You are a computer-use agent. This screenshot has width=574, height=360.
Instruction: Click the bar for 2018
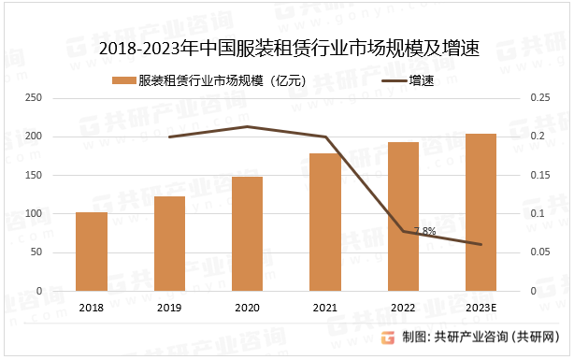pos(92,252)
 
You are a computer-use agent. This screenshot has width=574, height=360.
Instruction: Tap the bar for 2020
pos(247,234)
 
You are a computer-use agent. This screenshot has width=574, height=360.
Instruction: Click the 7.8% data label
pos(424,229)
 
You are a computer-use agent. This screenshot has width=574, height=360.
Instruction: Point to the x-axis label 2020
pos(247,308)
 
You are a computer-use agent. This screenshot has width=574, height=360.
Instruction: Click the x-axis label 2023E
pos(481,308)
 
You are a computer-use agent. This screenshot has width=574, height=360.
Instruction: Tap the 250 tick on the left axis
pos(33,98)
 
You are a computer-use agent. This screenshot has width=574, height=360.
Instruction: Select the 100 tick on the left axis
pos(33,214)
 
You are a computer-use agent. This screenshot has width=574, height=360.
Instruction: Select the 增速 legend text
pos(422,80)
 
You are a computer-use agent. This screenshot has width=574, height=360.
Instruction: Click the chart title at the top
pos(288,49)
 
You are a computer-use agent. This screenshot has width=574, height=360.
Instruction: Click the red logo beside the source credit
pos(387,338)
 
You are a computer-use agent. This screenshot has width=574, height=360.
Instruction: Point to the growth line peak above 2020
pos(247,126)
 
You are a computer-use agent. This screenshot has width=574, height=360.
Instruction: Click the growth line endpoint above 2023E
pos(481,245)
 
